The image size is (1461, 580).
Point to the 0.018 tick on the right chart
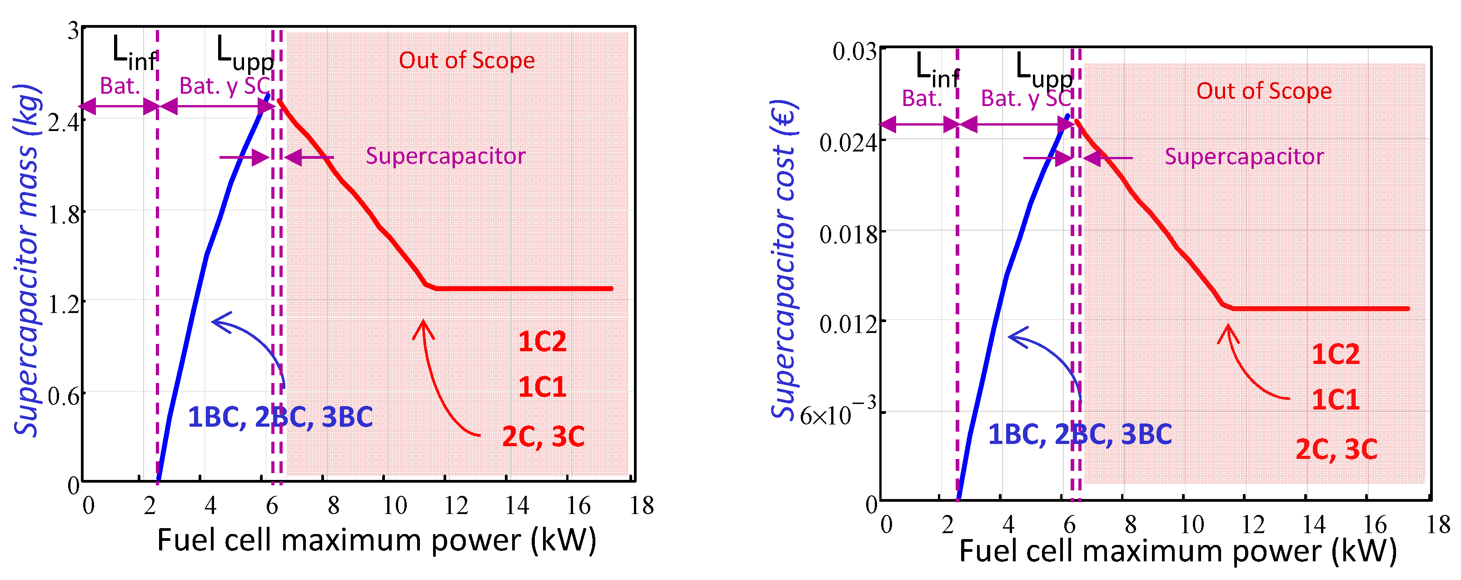(x=848, y=233)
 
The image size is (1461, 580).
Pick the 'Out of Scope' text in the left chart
(x=466, y=60)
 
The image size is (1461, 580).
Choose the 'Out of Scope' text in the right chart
(x=1264, y=91)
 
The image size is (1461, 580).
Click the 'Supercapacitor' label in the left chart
(x=445, y=156)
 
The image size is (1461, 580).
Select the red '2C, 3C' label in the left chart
(x=543, y=436)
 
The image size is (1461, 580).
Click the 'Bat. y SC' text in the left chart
(x=224, y=86)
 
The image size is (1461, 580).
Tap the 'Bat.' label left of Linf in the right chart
(x=922, y=99)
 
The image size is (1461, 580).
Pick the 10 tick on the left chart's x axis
(x=394, y=505)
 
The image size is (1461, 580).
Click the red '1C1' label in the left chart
(x=542, y=387)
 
